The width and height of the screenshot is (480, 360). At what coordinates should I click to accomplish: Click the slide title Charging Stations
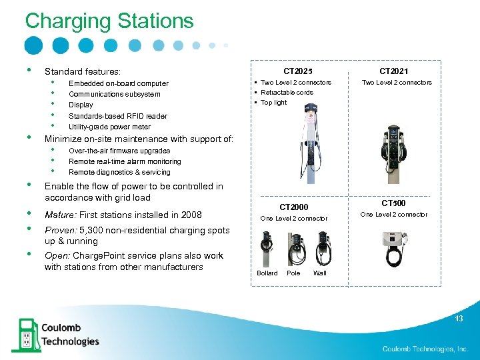(109, 21)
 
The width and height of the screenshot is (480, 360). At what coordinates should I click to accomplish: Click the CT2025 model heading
(297, 71)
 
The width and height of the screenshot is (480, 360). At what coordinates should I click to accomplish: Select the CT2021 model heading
(394, 71)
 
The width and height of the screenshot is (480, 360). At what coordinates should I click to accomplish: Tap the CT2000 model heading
(293, 207)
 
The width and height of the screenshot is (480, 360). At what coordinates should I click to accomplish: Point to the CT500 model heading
(393, 203)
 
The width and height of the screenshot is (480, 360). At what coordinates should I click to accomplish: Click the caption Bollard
(267, 273)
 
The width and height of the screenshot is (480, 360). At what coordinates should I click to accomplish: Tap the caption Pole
(293, 273)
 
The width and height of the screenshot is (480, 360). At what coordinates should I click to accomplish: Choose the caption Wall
(319, 273)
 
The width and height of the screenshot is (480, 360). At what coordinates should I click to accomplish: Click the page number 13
(459, 319)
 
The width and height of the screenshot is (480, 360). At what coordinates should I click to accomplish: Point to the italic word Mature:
(60, 215)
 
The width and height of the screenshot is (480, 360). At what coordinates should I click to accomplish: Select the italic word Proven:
(61, 230)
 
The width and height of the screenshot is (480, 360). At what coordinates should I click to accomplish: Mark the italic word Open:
(57, 256)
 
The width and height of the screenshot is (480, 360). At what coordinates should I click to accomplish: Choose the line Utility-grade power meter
(109, 127)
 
